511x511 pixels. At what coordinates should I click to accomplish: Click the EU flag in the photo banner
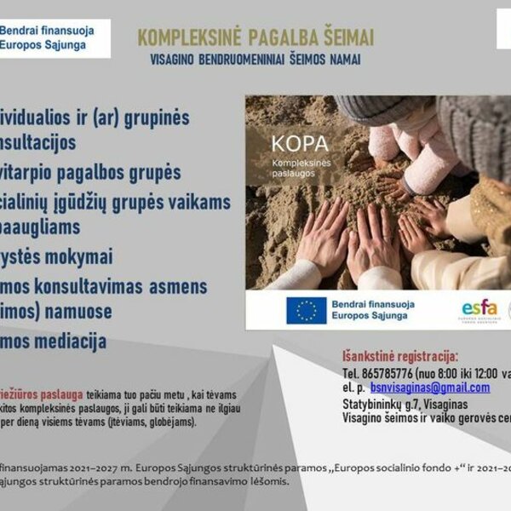[x=306, y=310]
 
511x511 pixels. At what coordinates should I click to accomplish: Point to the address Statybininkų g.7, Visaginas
[x=399, y=404]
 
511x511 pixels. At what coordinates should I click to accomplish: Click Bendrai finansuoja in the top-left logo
[x=46, y=30]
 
